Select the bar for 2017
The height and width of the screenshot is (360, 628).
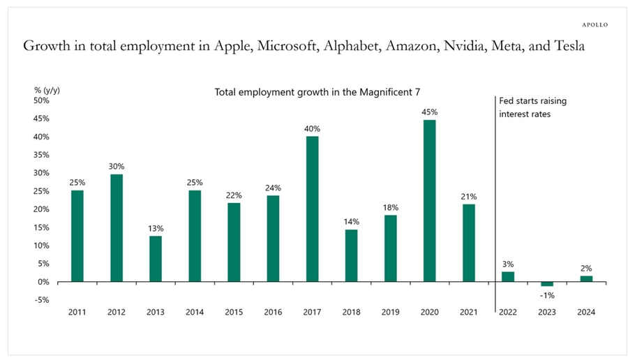pos(313,209)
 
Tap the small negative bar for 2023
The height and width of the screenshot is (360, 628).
pos(547,284)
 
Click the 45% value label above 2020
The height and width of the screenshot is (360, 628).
pos(430,112)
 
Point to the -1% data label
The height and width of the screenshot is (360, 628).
pos(547,294)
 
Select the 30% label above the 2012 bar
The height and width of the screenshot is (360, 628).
pos(117,166)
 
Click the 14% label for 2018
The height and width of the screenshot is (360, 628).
pos(352,221)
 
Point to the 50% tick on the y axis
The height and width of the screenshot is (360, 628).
pos(41,100)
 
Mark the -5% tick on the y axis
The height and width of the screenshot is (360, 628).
pos(41,300)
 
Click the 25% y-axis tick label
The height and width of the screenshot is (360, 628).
pos(41,191)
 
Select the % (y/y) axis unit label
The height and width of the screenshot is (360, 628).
pos(46,89)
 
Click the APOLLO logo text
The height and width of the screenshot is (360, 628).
pos(594,24)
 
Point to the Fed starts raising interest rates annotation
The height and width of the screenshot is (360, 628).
pos(532,107)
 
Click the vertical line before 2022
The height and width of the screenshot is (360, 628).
pos(495,209)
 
